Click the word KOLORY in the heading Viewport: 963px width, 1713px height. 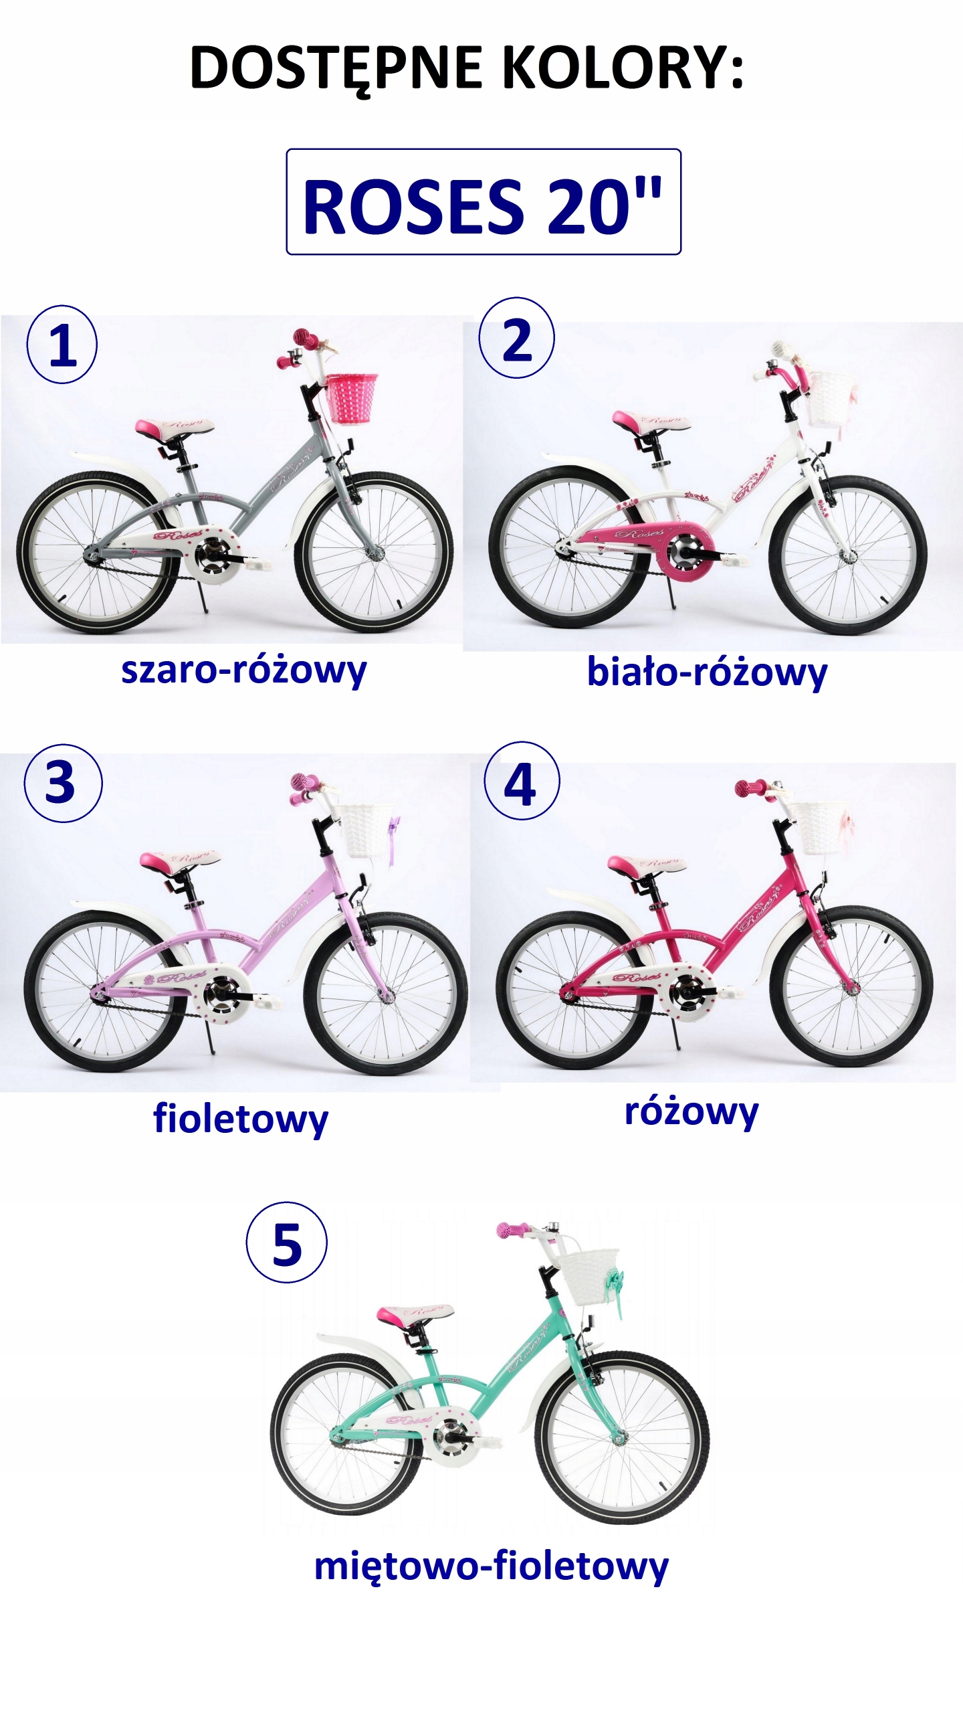tap(622, 68)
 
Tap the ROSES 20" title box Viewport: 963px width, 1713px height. tap(483, 202)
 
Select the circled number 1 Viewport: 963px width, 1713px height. tap(62, 345)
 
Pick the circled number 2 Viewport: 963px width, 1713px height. tap(516, 339)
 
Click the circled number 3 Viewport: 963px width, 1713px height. tap(62, 782)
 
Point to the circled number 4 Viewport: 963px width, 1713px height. tap(521, 781)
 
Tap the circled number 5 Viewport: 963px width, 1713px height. tap(287, 1243)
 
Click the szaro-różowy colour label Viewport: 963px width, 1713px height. tap(243, 670)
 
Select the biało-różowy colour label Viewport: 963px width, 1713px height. tap(707, 672)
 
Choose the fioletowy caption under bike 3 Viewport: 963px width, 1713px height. tap(241, 1118)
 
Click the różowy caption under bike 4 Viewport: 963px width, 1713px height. tap(691, 1111)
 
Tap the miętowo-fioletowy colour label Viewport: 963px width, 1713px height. tap(491, 1566)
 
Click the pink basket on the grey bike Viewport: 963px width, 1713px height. tap(351, 398)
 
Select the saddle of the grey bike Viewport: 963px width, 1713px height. tap(174, 428)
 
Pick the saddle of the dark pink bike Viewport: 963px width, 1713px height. tap(646, 864)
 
